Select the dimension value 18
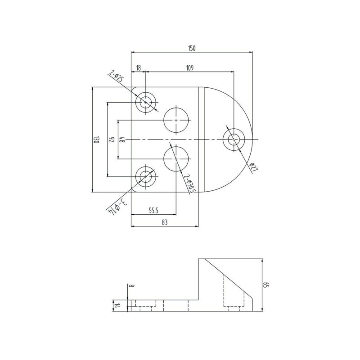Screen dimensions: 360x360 138,67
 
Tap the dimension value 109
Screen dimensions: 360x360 189,67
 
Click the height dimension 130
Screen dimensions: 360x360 96,140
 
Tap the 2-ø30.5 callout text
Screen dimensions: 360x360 190,184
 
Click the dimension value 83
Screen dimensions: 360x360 165,223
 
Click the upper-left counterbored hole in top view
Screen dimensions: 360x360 146,102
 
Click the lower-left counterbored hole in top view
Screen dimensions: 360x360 146,177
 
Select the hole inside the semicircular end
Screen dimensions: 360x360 234,140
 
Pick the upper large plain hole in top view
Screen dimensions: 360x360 175,121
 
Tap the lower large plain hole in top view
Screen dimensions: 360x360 175,158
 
